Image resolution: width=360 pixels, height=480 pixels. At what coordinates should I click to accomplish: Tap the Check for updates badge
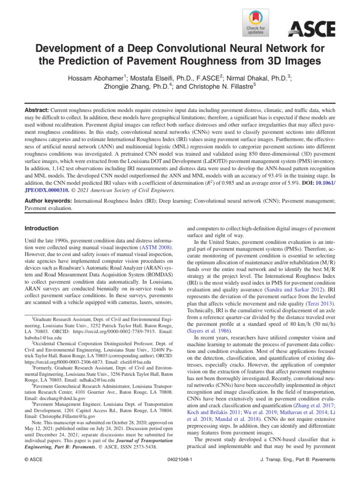[255, 22]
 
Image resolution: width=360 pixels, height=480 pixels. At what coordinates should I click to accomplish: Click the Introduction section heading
[41, 228]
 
